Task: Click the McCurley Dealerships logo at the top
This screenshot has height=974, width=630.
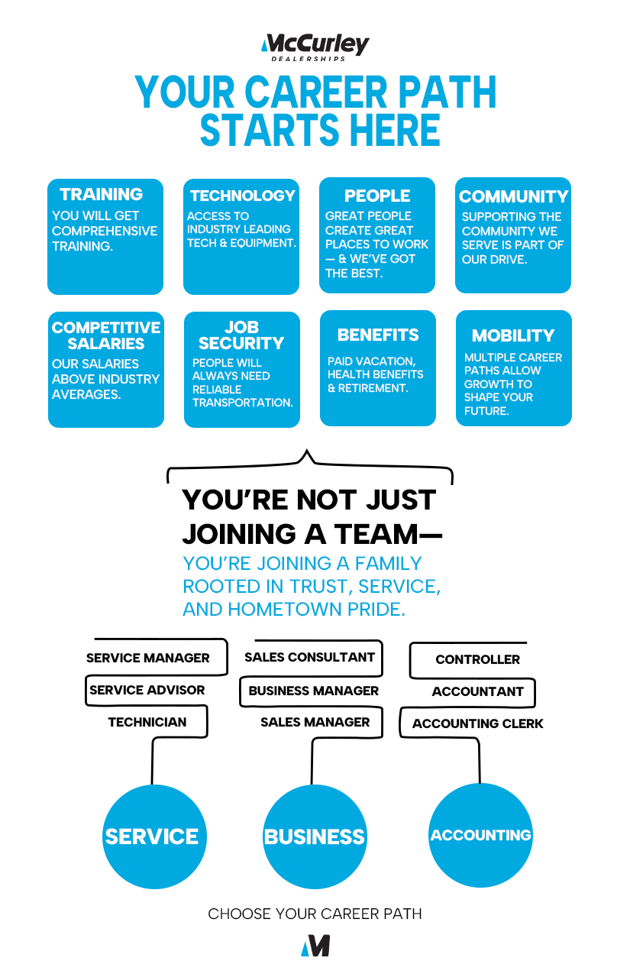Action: coord(315,47)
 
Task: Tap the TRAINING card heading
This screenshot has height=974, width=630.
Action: coord(102,195)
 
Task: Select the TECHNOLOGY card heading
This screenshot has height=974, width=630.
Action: coord(242,196)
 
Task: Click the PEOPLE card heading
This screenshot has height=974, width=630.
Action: coord(377,196)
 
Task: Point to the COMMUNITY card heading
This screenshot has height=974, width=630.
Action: coord(514,196)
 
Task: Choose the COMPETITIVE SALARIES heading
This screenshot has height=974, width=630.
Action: coord(106,335)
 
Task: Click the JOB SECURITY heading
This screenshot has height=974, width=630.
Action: coord(241,335)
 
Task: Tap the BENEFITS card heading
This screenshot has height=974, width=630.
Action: coord(378,335)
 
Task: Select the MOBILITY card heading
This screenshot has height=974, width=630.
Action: coord(513,335)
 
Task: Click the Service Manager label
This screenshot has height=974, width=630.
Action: coord(147,658)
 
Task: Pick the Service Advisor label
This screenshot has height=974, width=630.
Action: coord(147,690)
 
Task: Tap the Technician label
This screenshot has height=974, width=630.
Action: coord(147,722)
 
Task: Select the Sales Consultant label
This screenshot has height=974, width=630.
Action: coord(310,657)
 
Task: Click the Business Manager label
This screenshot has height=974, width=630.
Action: coord(314,691)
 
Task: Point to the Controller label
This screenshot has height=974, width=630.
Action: coord(477,659)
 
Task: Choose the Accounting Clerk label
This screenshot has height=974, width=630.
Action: coord(478,723)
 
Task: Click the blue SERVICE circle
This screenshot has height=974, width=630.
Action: coord(152,836)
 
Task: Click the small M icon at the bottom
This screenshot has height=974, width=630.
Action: coord(315,946)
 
